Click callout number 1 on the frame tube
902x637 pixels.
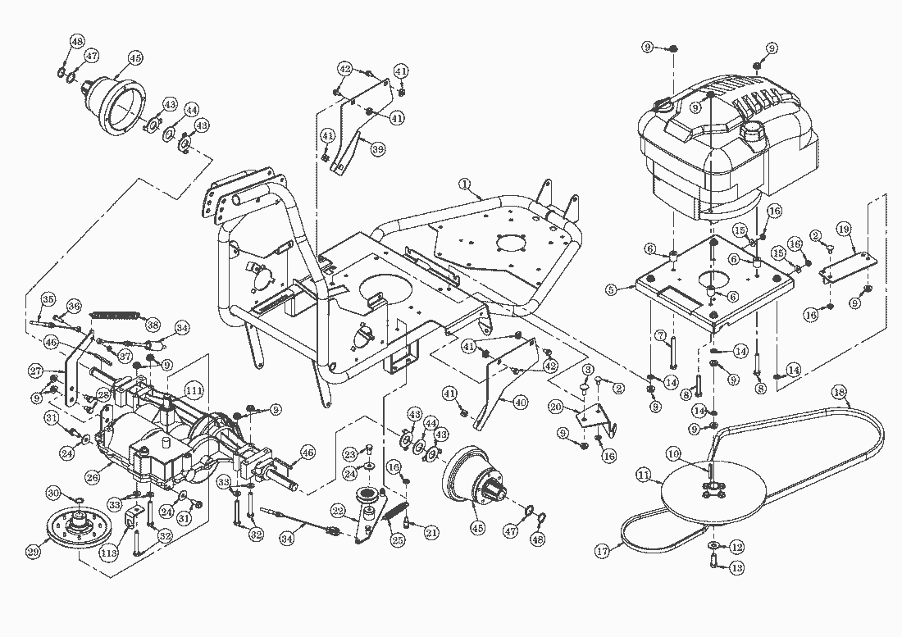click(x=464, y=184)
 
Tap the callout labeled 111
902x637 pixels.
click(x=194, y=389)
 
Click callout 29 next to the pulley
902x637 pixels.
click(x=33, y=552)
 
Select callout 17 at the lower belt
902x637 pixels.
click(x=603, y=552)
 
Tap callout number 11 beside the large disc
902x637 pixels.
click(x=644, y=474)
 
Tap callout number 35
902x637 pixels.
click(x=48, y=298)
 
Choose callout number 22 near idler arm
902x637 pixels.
click(x=337, y=509)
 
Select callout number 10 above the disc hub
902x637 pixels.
click(x=672, y=453)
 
